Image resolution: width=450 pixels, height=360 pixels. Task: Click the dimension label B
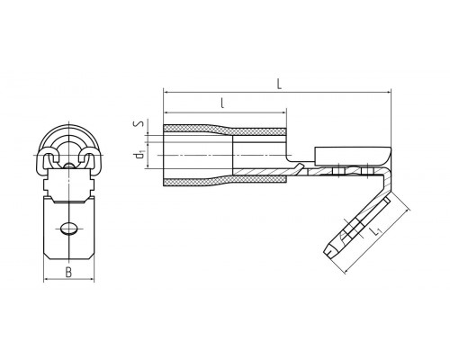(68, 273)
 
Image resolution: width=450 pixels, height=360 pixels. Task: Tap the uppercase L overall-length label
(279, 84)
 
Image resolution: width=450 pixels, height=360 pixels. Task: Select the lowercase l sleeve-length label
(222, 103)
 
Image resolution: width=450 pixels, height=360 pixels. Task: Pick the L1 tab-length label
(374, 231)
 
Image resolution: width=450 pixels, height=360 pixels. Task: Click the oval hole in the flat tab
(68, 228)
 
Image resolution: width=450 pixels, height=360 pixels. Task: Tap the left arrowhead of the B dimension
(47, 279)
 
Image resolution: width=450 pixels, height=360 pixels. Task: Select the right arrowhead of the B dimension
(91, 279)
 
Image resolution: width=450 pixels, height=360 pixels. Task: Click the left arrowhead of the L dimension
(166, 92)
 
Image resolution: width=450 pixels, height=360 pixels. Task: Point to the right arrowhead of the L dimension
(388, 92)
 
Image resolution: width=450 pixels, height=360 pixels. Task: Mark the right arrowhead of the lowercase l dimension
(283, 112)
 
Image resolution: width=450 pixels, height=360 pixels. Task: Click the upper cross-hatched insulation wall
(225, 130)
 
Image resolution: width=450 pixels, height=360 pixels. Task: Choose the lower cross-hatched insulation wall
(225, 181)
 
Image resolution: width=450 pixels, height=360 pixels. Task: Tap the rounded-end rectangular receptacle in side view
(353, 156)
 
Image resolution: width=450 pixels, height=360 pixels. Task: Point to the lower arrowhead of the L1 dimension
(346, 271)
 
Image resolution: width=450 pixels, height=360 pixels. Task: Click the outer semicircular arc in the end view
(69, 125)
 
